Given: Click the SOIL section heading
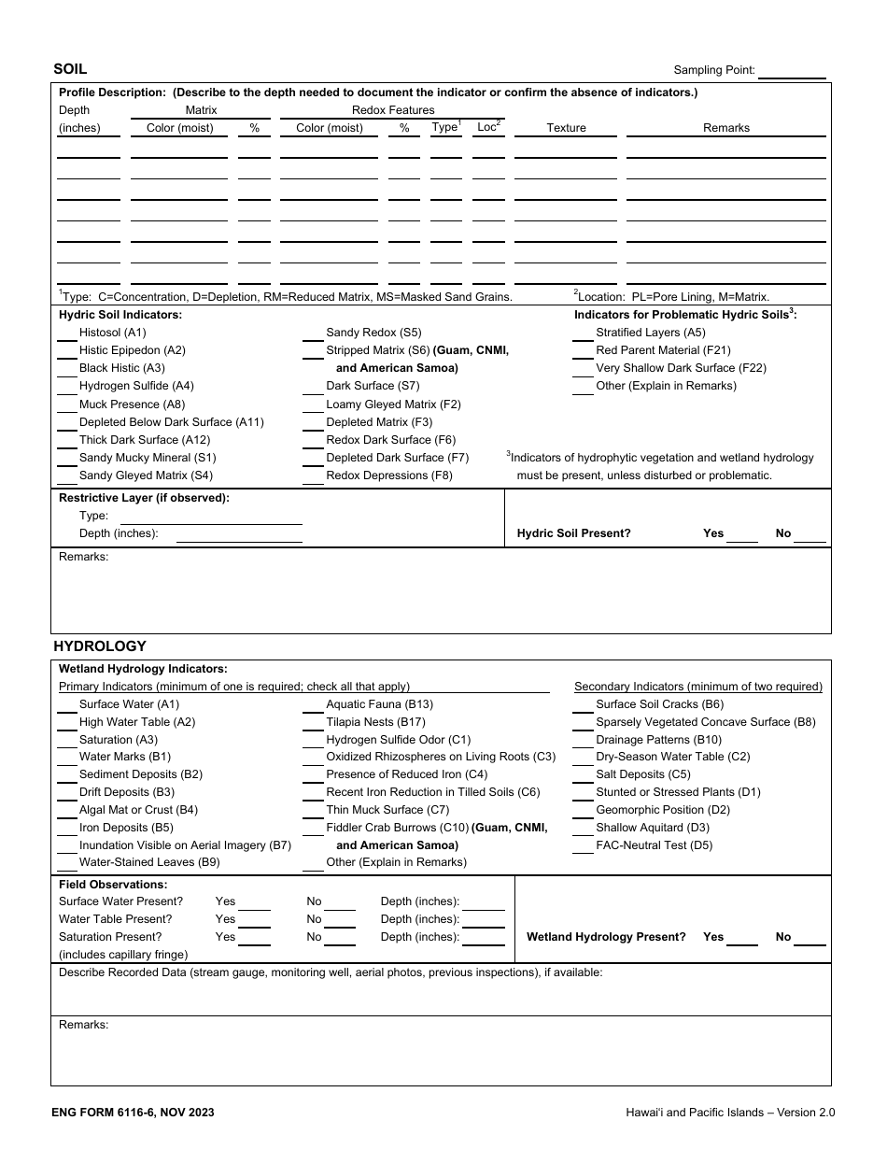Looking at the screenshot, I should [70, 69].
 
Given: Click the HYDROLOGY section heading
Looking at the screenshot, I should [100, 645].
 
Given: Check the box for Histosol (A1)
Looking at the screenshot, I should [66, 333].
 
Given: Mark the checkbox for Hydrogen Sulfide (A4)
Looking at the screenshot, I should [66, 387].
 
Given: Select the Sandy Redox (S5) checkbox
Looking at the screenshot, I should [313, 333].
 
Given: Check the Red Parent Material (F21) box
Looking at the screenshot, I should [583, 351].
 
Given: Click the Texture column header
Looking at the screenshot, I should [566, 128].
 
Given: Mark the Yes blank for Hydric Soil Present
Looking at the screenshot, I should [742, 534].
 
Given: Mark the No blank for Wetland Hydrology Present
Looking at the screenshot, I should [810, 938].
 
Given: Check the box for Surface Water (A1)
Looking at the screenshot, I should [66, 705].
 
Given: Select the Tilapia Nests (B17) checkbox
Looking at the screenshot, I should [313, 723].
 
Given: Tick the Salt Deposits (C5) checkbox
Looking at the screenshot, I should [583, 775].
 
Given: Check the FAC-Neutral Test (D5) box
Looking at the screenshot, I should [583, 846].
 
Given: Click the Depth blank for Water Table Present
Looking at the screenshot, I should [484, 920].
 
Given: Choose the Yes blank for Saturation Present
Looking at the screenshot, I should [254, 938].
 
